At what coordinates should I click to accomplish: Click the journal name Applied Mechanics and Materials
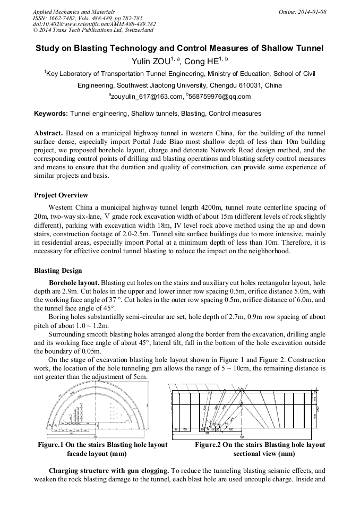click(74, 12)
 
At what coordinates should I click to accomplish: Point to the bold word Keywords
click(50, 114)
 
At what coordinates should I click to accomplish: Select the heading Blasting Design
click(58, 271)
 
